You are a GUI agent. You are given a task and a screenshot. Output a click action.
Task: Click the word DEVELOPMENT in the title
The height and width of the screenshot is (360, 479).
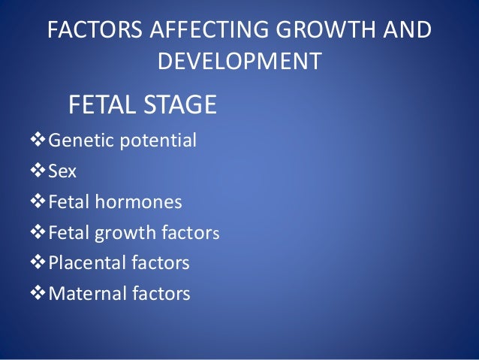point(239,61)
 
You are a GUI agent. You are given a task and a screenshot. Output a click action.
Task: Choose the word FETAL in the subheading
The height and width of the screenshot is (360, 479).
point(98,105)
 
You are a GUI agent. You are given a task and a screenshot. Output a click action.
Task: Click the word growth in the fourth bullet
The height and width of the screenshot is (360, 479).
point(119,233)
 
